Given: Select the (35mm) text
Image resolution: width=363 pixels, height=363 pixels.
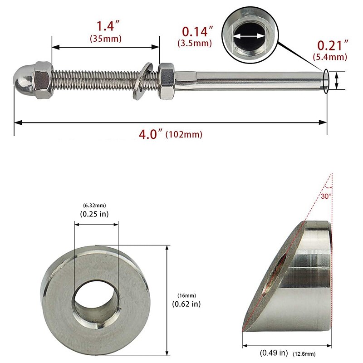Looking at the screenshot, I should (x=106, y=39).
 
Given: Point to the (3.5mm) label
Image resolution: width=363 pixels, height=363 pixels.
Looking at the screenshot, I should (x=195, y=44).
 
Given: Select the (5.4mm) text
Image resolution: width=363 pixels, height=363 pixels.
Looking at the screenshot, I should (x=330, y=57).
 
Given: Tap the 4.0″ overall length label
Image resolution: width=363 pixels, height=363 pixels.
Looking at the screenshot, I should (x=150, y=134).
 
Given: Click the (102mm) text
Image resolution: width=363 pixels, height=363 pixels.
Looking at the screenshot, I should (x=184, y=135).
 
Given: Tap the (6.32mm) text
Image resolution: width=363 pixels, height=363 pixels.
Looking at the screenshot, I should (x=94, y=205).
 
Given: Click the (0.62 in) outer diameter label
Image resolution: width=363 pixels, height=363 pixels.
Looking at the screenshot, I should (x=186, y=304).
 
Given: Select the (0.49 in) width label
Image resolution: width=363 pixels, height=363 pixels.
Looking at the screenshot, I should (x=273, y=353).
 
